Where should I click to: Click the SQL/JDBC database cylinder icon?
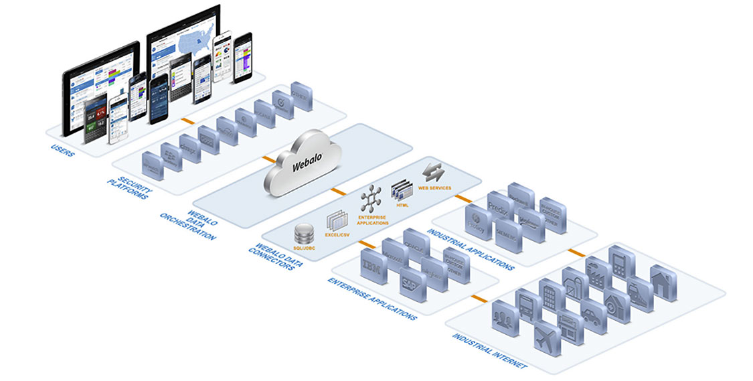click(x=305, y=235)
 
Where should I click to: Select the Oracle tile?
click(x=416, y=242)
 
